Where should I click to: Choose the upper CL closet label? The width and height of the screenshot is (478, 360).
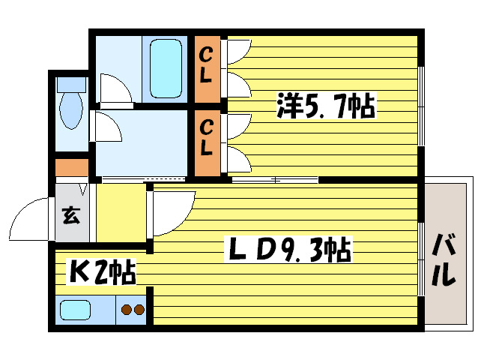[x=206, y=65]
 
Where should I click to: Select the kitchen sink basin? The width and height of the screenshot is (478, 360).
[x=75, y=310]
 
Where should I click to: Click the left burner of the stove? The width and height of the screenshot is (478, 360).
[x=126, y=309]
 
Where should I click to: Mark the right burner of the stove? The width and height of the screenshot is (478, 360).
[x=139, y=309]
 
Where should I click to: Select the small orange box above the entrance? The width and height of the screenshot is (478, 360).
[x=71, y=167]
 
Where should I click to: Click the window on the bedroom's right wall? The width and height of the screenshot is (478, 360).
[x=421, y=105]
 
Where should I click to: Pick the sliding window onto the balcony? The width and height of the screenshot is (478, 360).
[x=421, y=255]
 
